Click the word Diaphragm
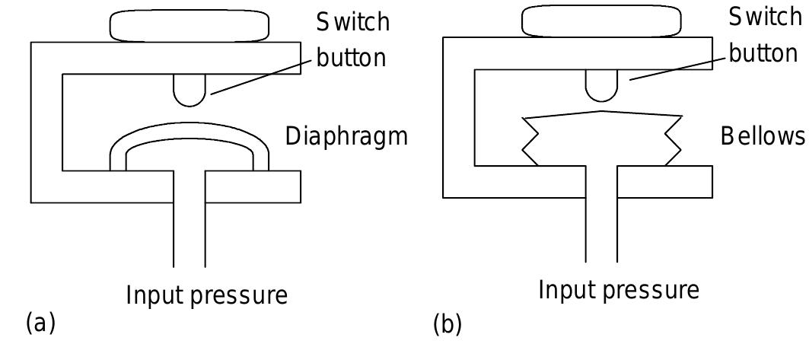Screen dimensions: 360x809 (346, 137)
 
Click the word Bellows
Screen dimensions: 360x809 (762, 137)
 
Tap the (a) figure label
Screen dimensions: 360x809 (41, 323)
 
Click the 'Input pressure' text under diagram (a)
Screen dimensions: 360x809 (206, 295)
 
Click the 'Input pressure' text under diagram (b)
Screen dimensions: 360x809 (619, 290)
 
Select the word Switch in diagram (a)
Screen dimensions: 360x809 (353, 23)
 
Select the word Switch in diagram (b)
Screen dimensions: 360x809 (764, 17)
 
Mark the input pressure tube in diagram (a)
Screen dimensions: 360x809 (190, 228)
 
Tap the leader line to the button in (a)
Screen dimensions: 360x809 (259, 76)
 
